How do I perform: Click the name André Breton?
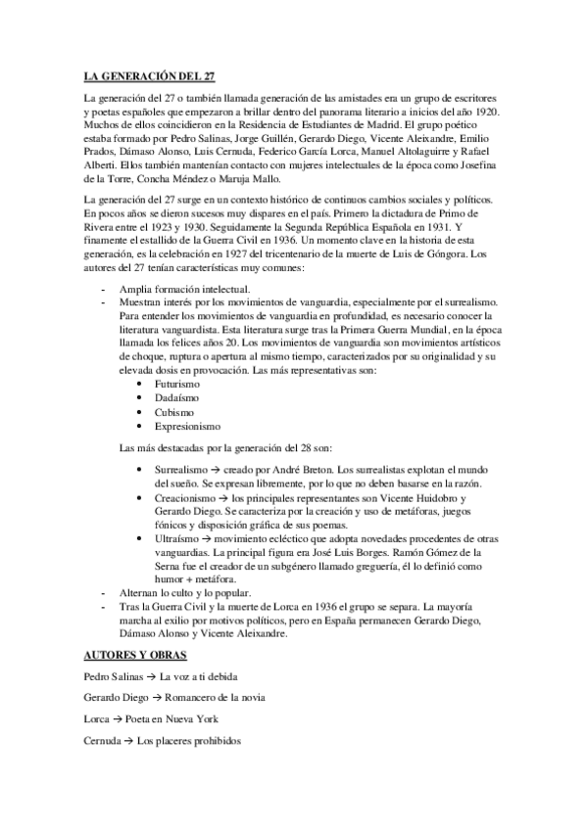[x=301, y=471]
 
